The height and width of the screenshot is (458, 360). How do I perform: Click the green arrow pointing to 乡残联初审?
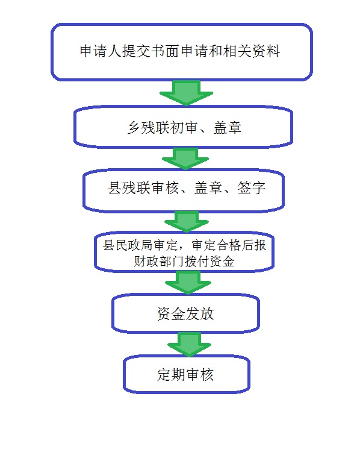(x=187, y=93)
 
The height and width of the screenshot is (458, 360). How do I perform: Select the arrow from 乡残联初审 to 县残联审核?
(x=185, y=158)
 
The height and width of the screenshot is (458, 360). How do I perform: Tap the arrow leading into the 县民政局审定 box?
(x=187, y=222)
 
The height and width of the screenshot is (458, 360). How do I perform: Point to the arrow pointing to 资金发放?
(x=188, y=283)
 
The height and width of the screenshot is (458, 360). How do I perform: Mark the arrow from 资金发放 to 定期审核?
(x=190, y=344)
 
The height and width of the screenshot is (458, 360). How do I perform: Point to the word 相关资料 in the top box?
(x=252, y=51)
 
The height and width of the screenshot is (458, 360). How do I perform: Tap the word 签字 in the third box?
(x=251, y=187)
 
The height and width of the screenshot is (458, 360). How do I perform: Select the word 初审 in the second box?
(x=183, y=127)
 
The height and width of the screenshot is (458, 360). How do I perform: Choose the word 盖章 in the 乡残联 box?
(x=228, y=127)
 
